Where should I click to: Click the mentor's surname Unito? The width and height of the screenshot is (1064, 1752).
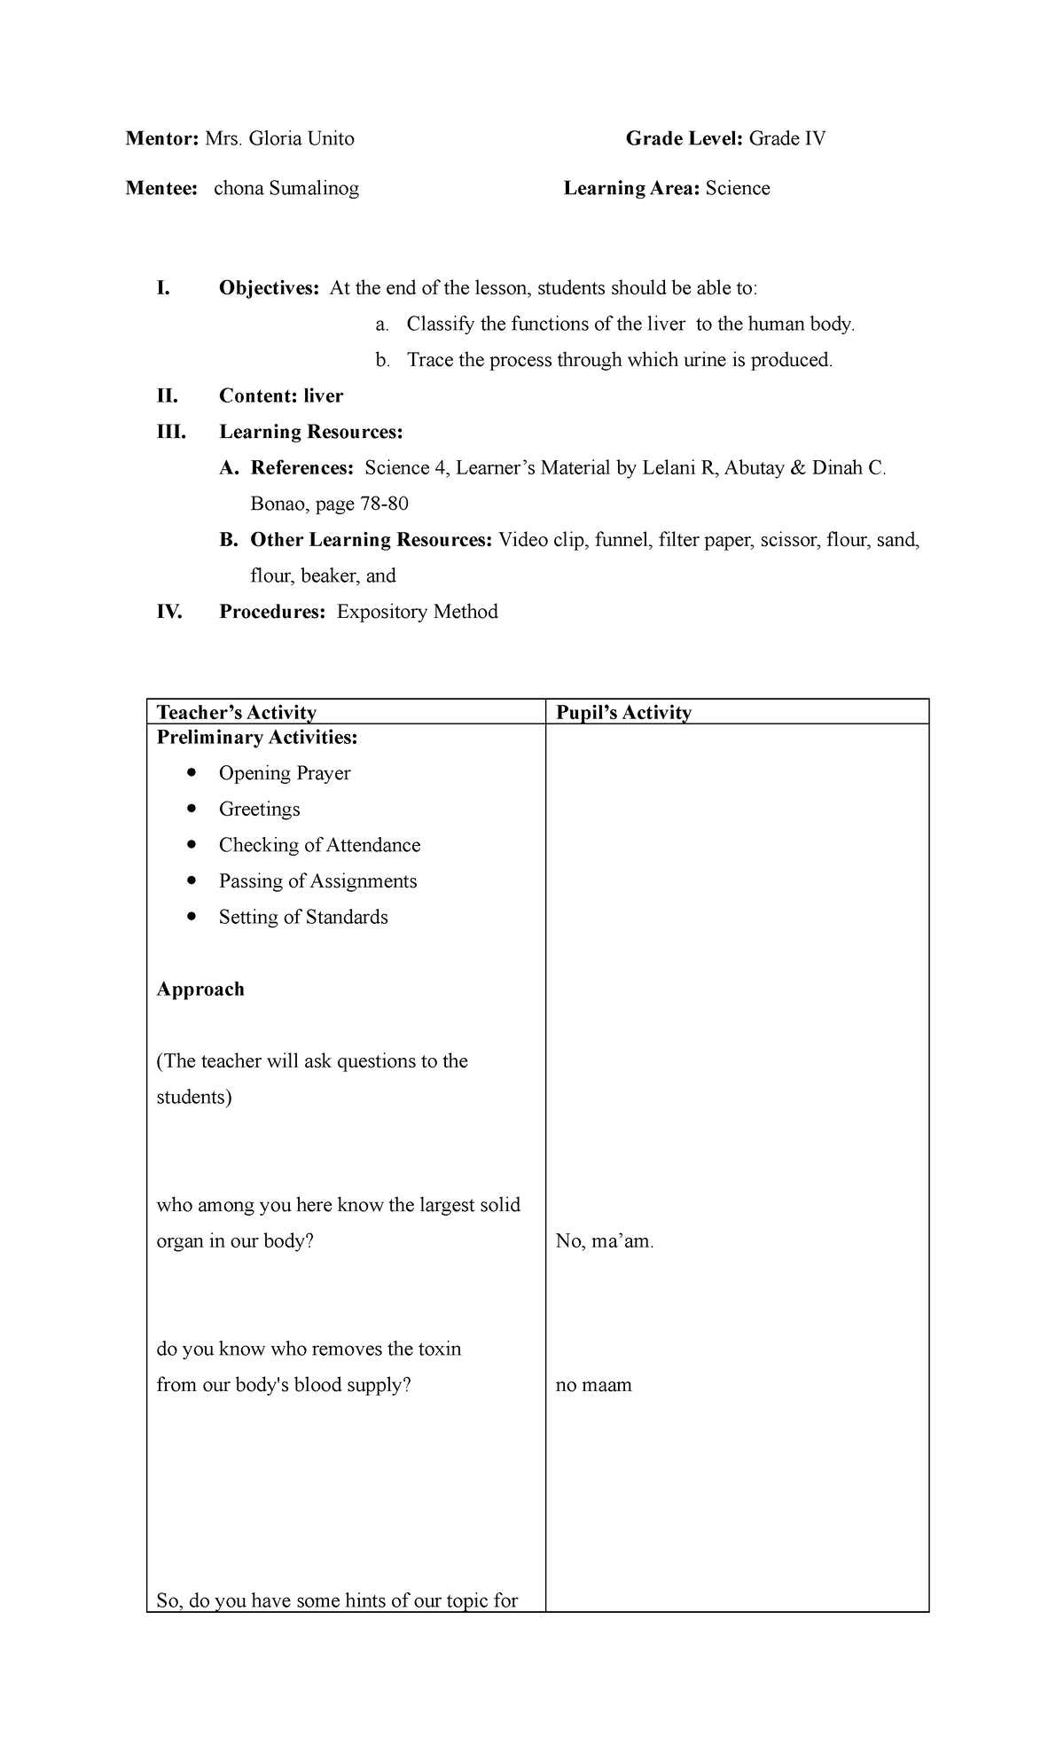(x=327, y=138)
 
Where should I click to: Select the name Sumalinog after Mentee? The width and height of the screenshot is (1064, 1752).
(x=314, y=188)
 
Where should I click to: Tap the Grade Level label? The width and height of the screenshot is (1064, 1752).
(x=685, y=138)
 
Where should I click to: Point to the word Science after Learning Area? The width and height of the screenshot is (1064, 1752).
(x=738, y=188)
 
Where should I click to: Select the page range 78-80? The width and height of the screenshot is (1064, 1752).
(x=384, y=504)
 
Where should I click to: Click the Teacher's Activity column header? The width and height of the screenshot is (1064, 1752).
(x=236, y=712)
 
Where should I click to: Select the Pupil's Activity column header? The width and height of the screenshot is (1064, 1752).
(x=623, y=712)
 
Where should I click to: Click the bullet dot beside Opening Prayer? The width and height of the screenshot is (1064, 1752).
(x=192, y=772)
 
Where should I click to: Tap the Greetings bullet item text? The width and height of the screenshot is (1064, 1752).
(x=259, y=809)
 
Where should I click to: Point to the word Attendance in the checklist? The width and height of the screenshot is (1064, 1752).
(x=372, y=845)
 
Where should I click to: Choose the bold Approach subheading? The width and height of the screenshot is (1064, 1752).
(x=200, y=989)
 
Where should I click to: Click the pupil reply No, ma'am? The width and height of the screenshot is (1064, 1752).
(x=605, y=1240)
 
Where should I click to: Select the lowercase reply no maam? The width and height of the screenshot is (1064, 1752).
(x=593, y=1384)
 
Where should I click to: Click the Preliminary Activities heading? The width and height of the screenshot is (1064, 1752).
(x=257, y=737)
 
